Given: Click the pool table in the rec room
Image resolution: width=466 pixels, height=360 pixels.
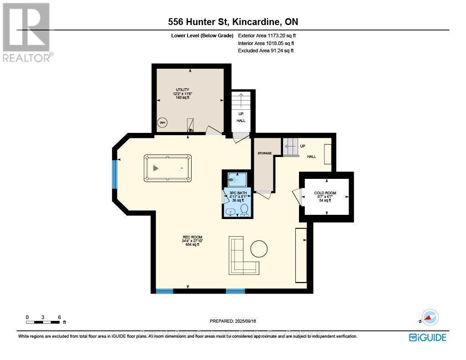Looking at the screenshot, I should click(167, 168).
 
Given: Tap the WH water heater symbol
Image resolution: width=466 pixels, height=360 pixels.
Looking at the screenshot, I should click(162, 122).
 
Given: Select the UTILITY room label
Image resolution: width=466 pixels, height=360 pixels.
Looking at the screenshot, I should click(182, 90).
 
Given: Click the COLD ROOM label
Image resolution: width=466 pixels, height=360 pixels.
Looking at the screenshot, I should click(325, 193).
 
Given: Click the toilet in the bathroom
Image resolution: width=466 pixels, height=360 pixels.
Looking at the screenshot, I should click(244, 209).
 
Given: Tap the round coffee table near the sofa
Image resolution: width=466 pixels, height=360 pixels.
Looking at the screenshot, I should click(259, 248).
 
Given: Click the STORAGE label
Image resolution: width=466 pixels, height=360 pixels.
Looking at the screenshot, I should click(264, 153).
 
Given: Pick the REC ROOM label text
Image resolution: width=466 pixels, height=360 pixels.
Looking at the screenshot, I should click(192, 237).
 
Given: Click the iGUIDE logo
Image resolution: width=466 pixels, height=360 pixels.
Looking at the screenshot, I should click(427, 337).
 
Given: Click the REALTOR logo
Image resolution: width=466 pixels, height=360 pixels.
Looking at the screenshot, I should click(27, 32).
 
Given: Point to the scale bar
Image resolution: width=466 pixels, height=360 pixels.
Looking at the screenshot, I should click(43, 322).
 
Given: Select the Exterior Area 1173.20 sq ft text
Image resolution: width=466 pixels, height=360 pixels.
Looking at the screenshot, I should click(268, 35).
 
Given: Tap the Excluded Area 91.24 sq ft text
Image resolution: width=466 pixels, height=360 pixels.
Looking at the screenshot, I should click(266, 51).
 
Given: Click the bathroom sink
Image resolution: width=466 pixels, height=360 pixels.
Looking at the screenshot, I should click(231, 212).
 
